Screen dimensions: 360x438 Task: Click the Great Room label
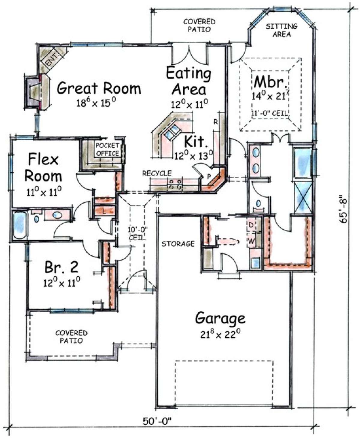point(99,88)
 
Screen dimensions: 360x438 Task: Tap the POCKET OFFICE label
point(107,149)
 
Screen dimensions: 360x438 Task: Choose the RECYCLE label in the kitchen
point(157,173)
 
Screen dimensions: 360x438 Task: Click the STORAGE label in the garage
point(178,243)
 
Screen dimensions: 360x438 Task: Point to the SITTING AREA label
point(281,30)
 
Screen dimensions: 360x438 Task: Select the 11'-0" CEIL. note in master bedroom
point(270,113)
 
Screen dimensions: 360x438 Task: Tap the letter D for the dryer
point(251,225)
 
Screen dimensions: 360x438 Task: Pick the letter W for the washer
point(251,241)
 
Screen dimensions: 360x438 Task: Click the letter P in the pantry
point(209,176)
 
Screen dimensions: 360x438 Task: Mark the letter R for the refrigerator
point(216,122)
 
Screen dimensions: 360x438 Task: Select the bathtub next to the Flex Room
point(20,225)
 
